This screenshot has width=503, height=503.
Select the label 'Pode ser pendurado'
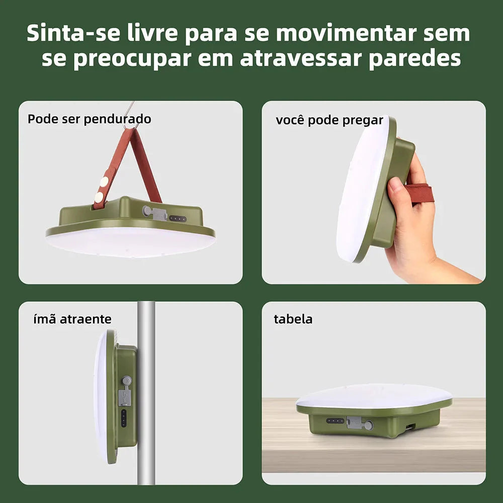pyautogui.click(x=89, y=119)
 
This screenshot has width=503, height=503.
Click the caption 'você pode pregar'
pyautogui.click(x=329, y=120)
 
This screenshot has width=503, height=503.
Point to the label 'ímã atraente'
pyautogui.click(x=72, y=319)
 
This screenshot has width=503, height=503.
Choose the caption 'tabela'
pyautogui.click(x=293, y=319)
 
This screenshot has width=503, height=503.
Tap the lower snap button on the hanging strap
pyautogui.click(x=99, y=197)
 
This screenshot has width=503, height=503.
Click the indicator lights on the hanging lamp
pyautogui.click(x=178, y=219)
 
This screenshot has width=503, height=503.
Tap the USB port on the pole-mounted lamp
pyautogui.click(x=125, y=397)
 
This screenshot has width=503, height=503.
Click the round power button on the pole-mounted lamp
pyautogui.click(x=126, y=381)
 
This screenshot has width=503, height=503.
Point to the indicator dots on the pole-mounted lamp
pyautogui.click(x=124, y=418)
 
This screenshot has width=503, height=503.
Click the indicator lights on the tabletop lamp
pyautogui.click(x=335, y=421)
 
